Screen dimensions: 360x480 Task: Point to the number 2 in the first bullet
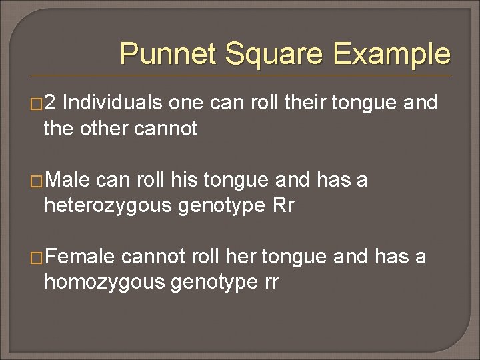(x=53, y=103)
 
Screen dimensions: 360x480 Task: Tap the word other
(x=105, y=128)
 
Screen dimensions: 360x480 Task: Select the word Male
(x=68, y=180)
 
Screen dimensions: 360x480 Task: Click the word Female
(x=80, y=257)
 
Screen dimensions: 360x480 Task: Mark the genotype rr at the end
(x=269, y=282)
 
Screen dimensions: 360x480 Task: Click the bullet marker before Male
(x=37, y=181)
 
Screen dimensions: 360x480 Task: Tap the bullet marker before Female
(x=37, y=257)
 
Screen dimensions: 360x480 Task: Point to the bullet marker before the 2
(x=37, y=104)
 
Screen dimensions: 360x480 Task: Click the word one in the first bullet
(x=185, y=103)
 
